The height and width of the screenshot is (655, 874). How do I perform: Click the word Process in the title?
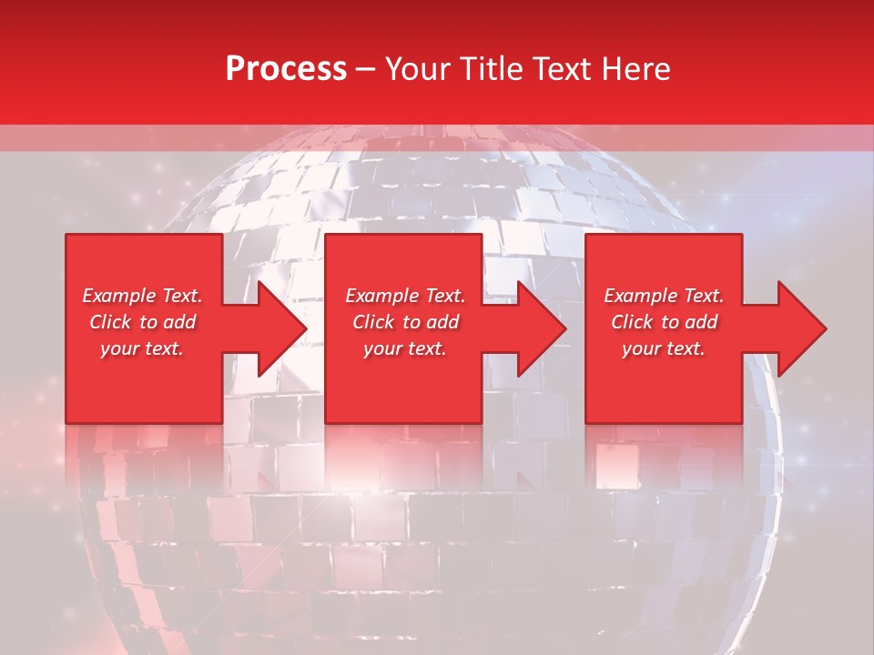[x=286, y=69]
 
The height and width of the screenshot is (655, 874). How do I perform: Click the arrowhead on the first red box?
[x=279, y=328]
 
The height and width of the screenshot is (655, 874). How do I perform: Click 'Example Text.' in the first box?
[x=143, y=296]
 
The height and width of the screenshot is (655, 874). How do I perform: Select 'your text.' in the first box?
[x=143, y=348]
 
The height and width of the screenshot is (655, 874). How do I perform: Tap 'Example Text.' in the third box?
[x=664, y=296]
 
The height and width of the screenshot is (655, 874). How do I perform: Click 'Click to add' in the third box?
[x=664, y=322]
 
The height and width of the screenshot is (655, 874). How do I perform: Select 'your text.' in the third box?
[x=664, y=348]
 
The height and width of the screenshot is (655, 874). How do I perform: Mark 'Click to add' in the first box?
[x=143, y=322]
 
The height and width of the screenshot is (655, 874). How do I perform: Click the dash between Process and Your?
[x=365, y=69]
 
